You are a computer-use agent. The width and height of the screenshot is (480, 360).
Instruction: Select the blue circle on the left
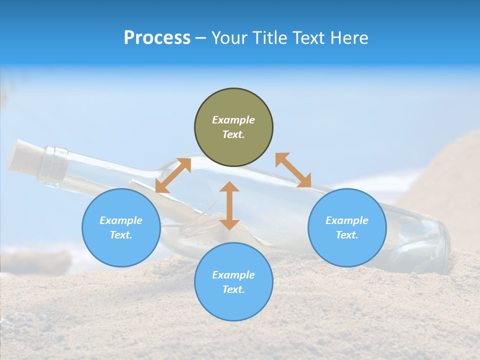[121, 227]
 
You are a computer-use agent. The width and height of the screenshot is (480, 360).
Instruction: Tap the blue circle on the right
[347, 227]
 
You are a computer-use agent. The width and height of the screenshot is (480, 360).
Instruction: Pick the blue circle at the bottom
[233, 282]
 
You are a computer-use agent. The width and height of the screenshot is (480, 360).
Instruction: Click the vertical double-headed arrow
[229, 205]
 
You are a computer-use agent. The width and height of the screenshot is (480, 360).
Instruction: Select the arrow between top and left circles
[173, 175]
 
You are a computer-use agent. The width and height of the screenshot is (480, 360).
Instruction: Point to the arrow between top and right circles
[293, 170]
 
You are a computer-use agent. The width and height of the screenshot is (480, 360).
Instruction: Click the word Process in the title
[157, 38]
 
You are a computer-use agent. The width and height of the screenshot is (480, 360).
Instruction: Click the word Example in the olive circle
[233, 120]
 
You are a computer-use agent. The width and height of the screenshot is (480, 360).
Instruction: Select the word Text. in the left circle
[121, 235]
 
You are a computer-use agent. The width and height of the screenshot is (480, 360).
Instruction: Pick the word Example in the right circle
[347, 220]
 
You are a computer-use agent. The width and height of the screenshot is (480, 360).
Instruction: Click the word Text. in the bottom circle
[233, 289]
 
